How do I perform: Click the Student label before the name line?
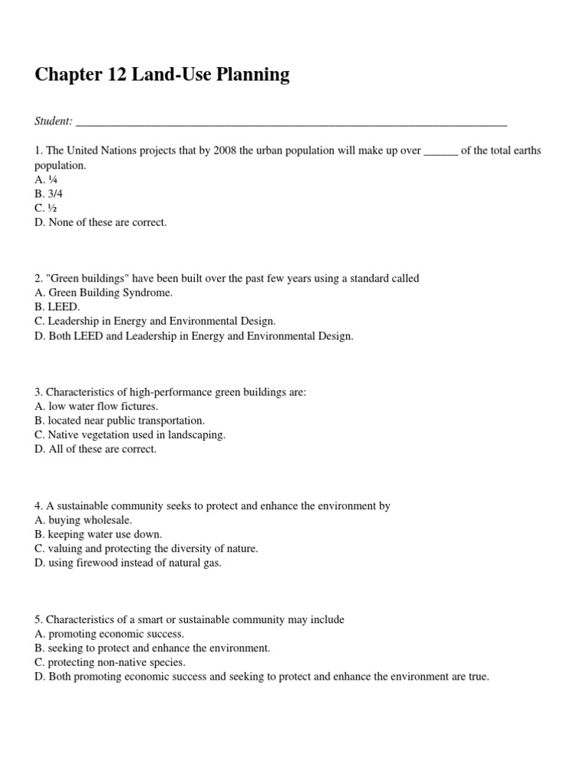click(x=54, y=121)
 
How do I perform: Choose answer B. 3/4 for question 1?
click(x=49, y=194)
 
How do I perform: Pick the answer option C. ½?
click(x=46, y=208)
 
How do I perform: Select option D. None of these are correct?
click(x=100, y=223)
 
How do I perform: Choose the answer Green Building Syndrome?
click(x=110, y=293)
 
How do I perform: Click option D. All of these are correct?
click(x=96, y=449)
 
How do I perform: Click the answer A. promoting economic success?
click(x=109, y=634)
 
